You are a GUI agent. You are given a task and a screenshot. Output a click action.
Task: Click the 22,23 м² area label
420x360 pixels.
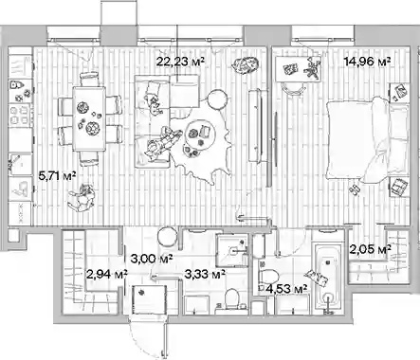tap(180, 61)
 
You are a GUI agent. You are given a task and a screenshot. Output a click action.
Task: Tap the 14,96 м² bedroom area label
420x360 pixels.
tap(367, 61)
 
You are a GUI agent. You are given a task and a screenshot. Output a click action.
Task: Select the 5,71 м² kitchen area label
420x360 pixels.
tap(57, 175)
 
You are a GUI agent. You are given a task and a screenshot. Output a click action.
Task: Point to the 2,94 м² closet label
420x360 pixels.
tap(107, 274)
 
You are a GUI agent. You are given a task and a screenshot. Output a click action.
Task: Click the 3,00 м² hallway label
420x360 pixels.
tap(152, 259)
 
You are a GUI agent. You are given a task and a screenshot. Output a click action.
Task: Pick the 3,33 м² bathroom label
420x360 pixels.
tap(205, 274)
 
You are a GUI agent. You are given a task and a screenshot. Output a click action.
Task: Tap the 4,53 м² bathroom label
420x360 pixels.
tap(286, 289)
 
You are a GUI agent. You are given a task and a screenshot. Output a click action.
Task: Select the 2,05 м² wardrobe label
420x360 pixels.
tap(370, 249)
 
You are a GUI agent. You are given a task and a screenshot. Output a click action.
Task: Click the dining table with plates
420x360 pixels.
tap(89, 119)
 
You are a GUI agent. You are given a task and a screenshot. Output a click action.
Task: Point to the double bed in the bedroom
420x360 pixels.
tap(367, 140)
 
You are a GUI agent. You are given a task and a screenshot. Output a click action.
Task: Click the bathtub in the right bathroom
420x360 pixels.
tap(327, 278)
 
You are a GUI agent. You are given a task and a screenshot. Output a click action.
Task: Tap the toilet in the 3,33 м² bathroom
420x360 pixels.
tap(231, 300)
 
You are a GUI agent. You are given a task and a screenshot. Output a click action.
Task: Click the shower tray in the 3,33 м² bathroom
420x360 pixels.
tap(232, 251)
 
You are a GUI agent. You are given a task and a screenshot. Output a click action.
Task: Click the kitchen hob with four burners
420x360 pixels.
tap(20, 116)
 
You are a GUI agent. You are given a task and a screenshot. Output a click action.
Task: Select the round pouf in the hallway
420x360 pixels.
tap(168, 238)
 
